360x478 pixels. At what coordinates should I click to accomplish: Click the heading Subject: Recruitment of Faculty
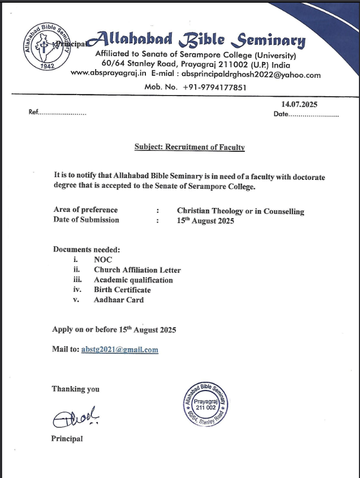(189, 147)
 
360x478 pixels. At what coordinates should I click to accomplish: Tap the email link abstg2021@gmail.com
(119, 349)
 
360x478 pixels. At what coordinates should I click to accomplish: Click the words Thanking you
(76, 389)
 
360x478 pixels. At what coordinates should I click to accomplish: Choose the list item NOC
(103, 260)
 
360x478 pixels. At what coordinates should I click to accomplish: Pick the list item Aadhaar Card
(118, 300)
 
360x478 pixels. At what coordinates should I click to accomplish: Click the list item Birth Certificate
(122, 290)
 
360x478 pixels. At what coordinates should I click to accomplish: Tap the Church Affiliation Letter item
(137, 270)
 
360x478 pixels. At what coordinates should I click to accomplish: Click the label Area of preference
(85, 210)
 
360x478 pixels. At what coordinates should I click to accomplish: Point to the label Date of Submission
(86, 220)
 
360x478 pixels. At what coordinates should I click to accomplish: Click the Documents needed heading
(86, 250)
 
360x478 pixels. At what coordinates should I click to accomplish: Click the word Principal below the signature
(67, 439)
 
